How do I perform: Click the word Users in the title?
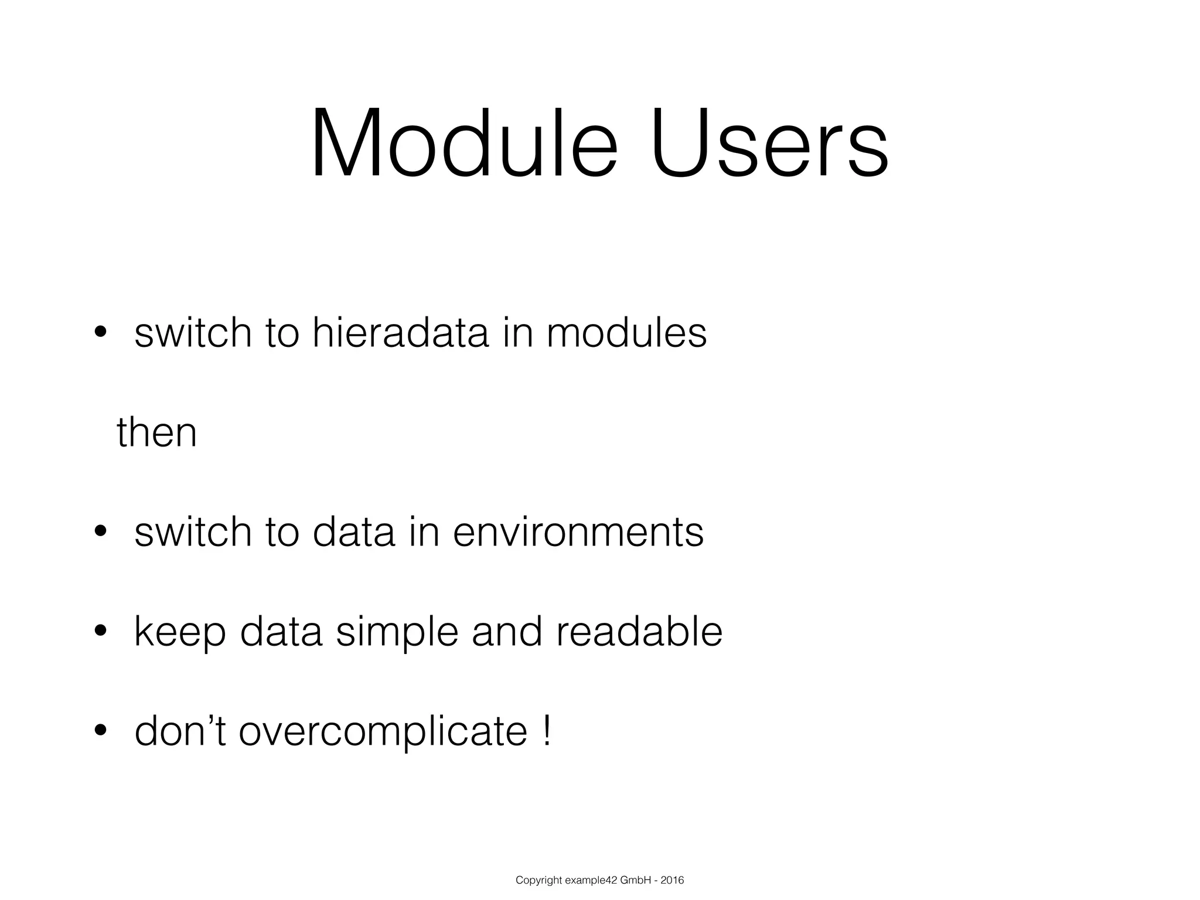[769, 143]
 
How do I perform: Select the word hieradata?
[400, 333]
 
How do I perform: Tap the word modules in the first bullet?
[626, 333]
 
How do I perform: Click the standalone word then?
[156, 432]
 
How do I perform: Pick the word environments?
[578, 532]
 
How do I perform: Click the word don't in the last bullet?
[180, 731]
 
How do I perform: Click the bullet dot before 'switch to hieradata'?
[100, 332]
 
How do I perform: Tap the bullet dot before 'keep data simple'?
[100, 631]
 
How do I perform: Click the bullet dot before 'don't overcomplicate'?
[100, 731]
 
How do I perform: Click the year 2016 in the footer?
[672, 880]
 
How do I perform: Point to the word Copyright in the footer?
[538, 880]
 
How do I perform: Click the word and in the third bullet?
[506, 632]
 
